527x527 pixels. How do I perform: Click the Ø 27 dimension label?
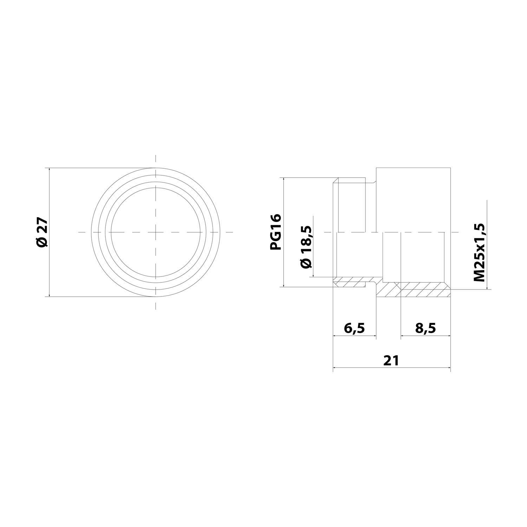(x=41, y=232)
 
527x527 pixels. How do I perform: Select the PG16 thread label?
(x=276, y=232)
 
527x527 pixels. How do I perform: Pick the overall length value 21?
(x=391, y=360)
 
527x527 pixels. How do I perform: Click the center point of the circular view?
(x=156, y=232)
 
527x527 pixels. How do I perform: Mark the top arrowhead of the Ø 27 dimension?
(x=50, y=170)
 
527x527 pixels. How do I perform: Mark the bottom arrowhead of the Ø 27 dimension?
(x=50, y=295)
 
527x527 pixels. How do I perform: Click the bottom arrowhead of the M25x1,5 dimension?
(x=487, y=288)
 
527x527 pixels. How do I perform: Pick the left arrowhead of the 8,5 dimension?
(x=403, y=336)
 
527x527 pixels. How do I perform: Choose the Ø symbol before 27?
(x=41, y=242)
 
